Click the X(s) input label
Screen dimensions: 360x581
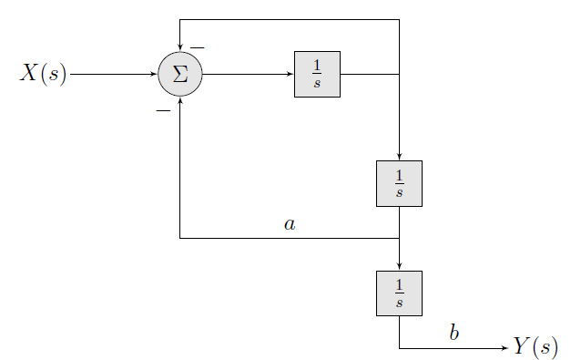(x=44, y=74)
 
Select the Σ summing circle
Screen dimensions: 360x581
(x=180, y=74)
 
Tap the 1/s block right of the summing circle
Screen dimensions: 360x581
(x=317, y=74)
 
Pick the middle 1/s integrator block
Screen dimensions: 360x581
(x=399, y=183)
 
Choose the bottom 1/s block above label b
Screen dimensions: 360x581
(x=399, y=293)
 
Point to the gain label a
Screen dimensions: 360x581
(x=290, y=223)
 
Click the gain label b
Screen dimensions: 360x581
(x=454, y=334)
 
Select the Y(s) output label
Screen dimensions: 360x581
(x=535, y=347)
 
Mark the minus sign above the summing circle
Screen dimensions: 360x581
(x=197, y=47)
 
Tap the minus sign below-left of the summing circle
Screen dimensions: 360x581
(x=163, y=110)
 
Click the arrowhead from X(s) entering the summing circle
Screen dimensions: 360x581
(x=155, y=74)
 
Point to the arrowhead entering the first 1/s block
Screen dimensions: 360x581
(x=290, y=74)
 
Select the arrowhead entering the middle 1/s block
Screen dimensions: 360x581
(x=399, y=157)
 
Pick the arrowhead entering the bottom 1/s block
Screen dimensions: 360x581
(x=399, y=266)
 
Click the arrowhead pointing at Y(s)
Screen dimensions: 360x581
(x=504, y=348)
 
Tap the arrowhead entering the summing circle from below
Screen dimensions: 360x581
(x=180, y=99)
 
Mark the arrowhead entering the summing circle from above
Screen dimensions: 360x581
(x=180, y=48)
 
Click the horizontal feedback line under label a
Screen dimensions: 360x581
(x=290, y=239)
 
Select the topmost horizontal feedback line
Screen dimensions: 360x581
(x=290, y=19)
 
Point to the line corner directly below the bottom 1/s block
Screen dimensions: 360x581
(x=399, y=348)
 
